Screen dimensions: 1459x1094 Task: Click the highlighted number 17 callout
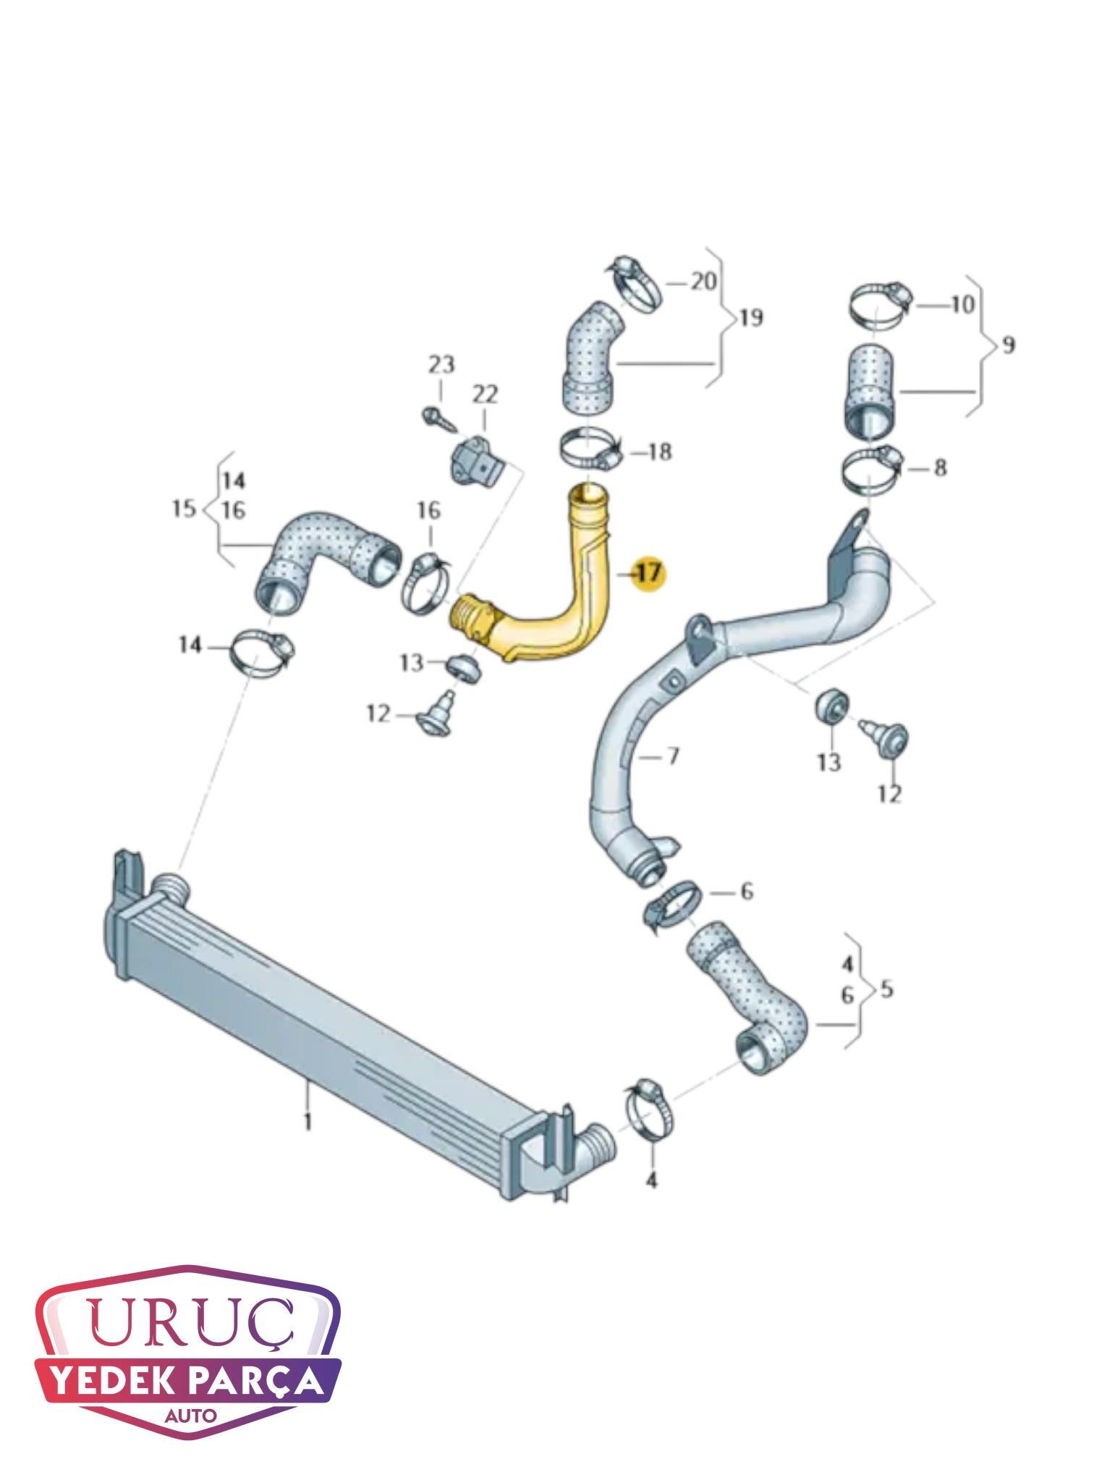point(648,573)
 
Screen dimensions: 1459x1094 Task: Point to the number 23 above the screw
point(441,364)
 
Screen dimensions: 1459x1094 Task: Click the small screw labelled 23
point(437,418)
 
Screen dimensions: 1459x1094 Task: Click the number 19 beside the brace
point(752,318)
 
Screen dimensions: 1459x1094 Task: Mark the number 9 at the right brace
point(1008,345)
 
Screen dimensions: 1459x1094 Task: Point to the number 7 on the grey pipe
point(673,757)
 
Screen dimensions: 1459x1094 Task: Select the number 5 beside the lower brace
point(886,988)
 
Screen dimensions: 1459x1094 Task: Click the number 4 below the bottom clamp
point(651,1181)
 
